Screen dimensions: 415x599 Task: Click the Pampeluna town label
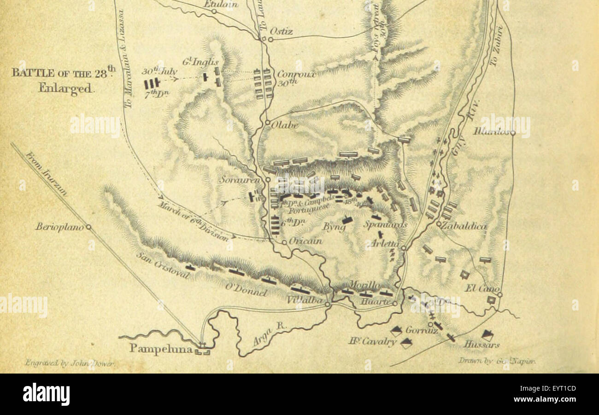(x=160, y=348)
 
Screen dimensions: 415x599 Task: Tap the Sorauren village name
(x=240, y=180)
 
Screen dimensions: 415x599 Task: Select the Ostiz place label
(x=282, y=31)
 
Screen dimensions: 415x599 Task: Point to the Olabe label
(x=285, y=125)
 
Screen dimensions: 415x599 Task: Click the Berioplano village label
(x=60, y=227)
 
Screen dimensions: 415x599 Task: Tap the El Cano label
(x=482, y=289)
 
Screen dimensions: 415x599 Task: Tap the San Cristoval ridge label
(x=162, y=266)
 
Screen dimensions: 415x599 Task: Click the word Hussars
(x=481, y=344)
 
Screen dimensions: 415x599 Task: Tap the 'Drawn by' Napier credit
(x=496, y=361)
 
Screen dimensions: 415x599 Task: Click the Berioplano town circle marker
(x=88, y=227)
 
